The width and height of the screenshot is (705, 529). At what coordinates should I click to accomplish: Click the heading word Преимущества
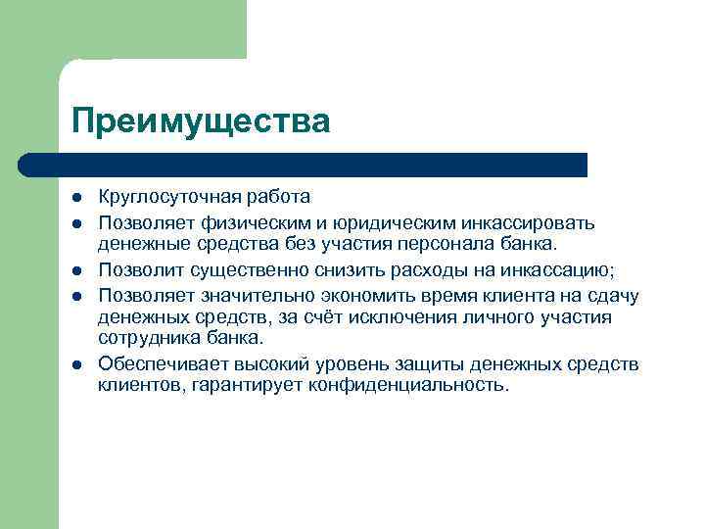click(x=201, y=120)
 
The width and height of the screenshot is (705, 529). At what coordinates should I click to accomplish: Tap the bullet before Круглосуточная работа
click(x=78, y=197)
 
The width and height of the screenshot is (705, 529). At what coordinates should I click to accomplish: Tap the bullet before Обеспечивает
click(x=78, y=364)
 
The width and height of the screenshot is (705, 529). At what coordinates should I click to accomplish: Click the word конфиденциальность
click(x=409, y=385)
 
